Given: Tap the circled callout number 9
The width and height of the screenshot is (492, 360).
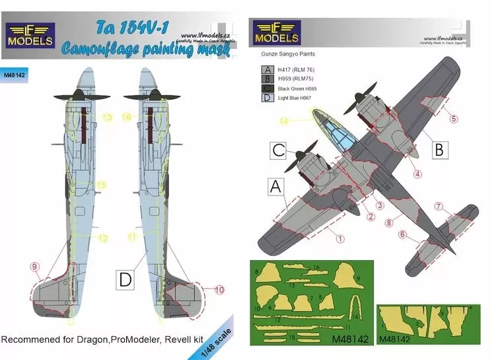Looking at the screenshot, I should [x=35, y=266].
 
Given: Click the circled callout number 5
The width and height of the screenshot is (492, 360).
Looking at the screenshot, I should [x=454, y=119].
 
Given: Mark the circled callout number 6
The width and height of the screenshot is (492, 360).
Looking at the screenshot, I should [x=402, y=233].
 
